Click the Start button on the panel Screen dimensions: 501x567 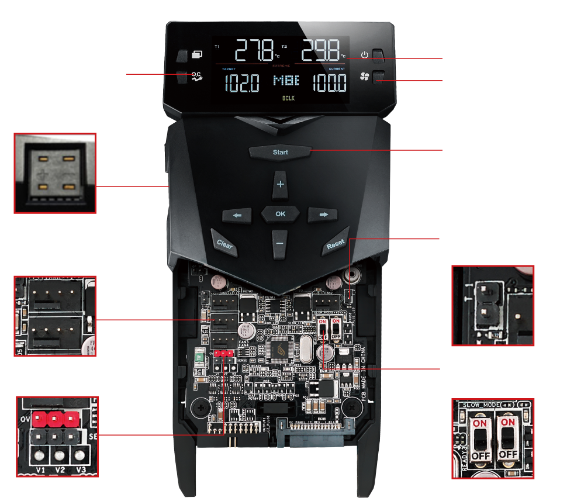tap(281, 152)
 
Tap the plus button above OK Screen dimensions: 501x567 tap(281, 184)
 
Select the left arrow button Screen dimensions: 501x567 tap(237, 215)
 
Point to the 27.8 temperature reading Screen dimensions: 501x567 tap(254, 51)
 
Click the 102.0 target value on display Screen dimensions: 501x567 tap(242, 83)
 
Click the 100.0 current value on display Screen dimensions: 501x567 tap(329, 83)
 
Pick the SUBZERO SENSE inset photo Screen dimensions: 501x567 tap(55, 172)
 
